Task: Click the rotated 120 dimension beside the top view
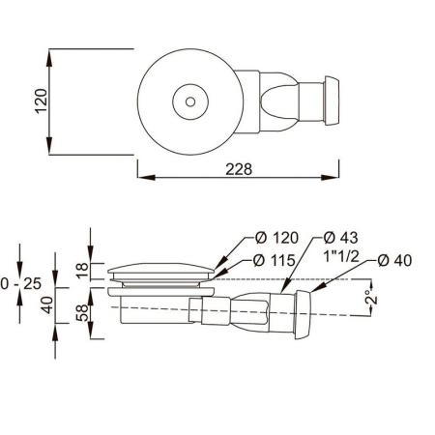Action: click(x=41, y=99)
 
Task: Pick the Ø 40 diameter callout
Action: click(x=397, y=259)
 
